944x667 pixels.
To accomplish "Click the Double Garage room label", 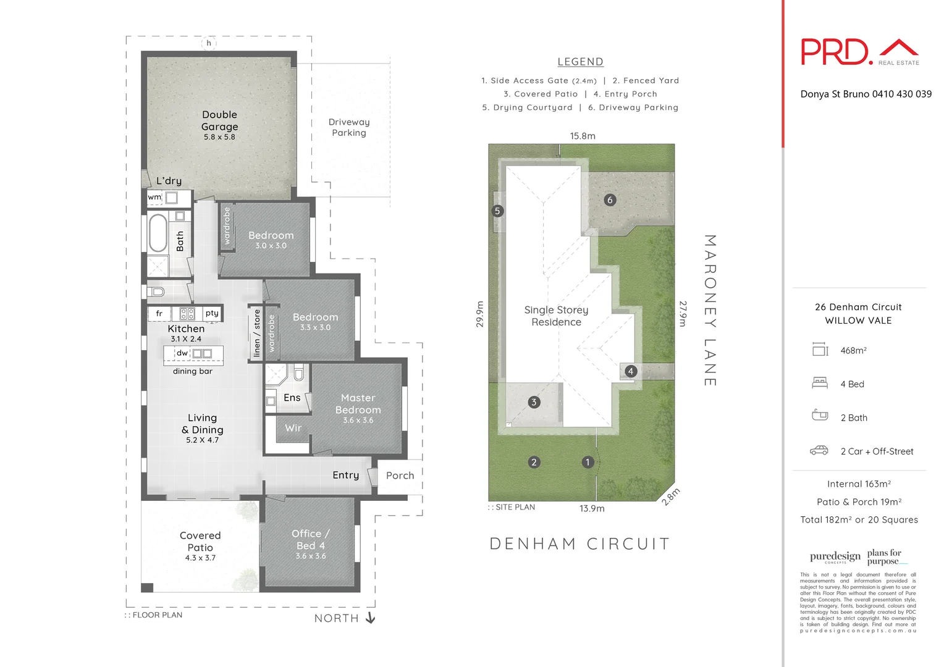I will click(x=219, y=121).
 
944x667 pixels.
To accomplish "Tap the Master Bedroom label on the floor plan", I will click(x=358, y=405).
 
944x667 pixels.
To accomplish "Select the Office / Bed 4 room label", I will click(x=310, y=540).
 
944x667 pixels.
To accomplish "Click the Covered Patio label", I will click(x=200, y=542).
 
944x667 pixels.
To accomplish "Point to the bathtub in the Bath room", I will click(x=158, y=233).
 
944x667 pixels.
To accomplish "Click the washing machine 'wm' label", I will click(x=154, y=198).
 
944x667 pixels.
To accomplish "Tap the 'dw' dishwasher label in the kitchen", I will click(x=182, y=353).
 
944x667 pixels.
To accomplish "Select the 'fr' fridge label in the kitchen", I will click(x=159, y=314).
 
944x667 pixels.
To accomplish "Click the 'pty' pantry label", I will click(x=212, y=313).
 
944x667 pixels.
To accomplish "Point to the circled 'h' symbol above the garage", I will click(x=209, y=43).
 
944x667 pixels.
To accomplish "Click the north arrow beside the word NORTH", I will click(x=370, y=618).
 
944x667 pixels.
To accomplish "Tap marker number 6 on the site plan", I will click(x=610, y=200).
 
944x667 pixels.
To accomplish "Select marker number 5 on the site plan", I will click(x=497, y=211).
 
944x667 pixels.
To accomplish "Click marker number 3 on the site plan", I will click(x=534, y=402).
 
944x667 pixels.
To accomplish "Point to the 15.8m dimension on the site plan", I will click(x=583, y=136).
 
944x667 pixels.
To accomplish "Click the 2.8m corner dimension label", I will click(x=671, y=497).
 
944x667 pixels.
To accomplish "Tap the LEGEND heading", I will click(x=580, y=62).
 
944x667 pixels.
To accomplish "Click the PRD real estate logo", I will click(x=859, y=52).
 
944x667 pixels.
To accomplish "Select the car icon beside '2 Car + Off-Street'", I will click(x=819, y=451).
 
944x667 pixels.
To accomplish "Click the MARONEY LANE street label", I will click(x=710, y=310).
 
